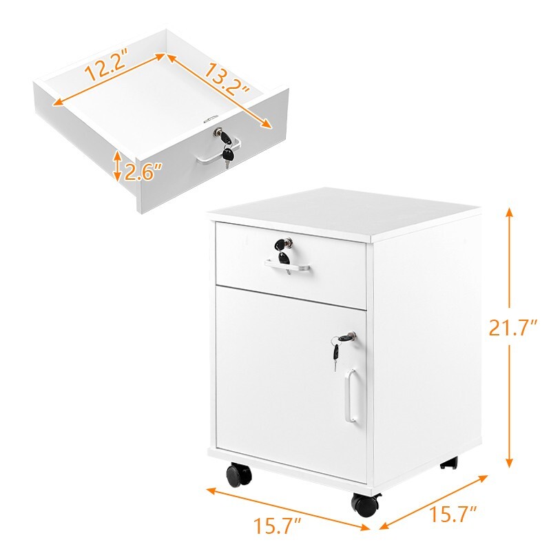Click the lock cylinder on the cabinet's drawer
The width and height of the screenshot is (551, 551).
point(283,244)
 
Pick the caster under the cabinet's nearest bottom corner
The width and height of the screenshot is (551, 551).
point(365,505)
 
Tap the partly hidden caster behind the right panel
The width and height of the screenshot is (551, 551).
point(449,464)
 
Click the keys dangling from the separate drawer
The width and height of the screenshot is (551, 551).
point(227,155)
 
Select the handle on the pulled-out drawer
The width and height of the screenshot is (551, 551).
point(214,153)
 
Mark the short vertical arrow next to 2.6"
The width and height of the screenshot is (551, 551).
point(118,167)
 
